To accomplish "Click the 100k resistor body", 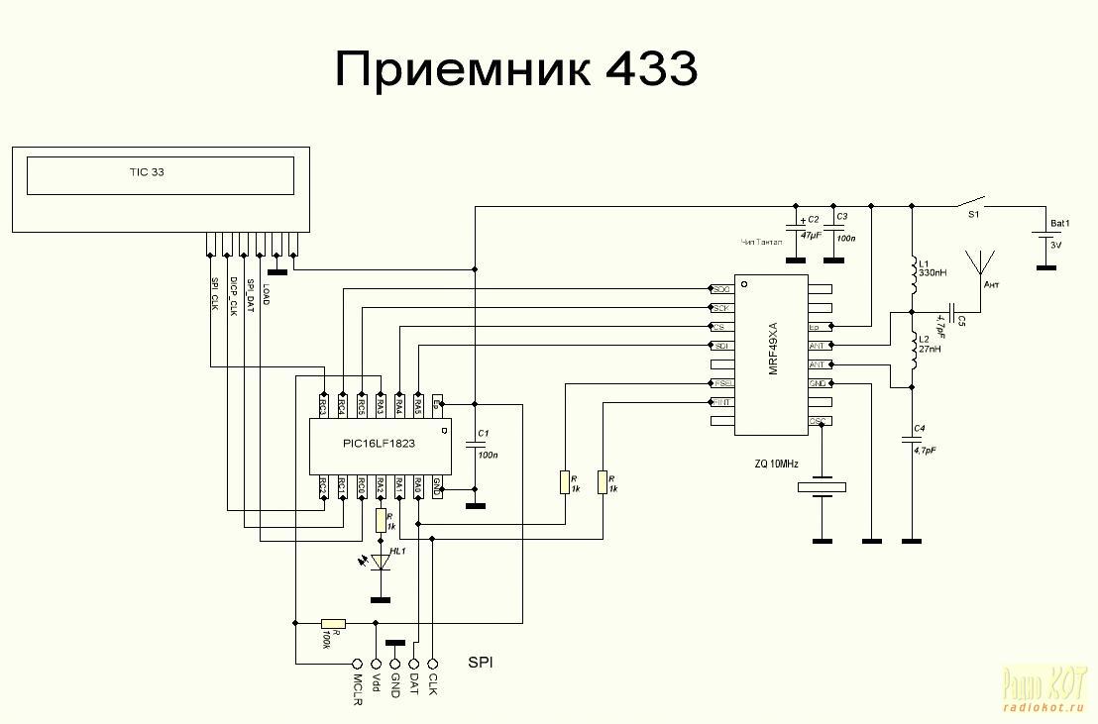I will click(334, 623).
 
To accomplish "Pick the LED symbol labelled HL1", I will click(380, 562).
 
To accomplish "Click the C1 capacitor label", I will click(484, 434).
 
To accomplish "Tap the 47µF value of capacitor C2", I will click(812, 236).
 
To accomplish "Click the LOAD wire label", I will click(266, 293).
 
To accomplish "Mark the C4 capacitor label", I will click(921, 428).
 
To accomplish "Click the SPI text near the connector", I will click(481, 661).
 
